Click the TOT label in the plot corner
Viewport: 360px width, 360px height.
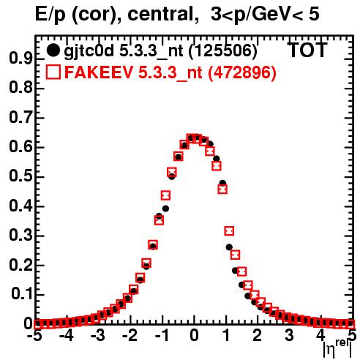tap(307, 50)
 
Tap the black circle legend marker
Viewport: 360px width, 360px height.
tap(53, 50)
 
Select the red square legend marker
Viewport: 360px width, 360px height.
tap(53, 72)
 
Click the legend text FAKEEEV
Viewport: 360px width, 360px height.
tap(100, 72)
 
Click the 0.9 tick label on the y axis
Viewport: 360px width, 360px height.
tap(20, 58)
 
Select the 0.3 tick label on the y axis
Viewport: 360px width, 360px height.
tap(20, 235)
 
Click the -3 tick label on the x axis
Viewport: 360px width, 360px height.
tap(98, 335)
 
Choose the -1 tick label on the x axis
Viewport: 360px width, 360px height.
tap(161, 335)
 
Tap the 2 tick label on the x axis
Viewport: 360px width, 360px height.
tap(258, 335)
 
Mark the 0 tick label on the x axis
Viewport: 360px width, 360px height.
tap(194, 335)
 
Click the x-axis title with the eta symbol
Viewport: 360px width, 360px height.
tap(337, 349)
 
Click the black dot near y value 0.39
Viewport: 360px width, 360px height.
tap(165, 209)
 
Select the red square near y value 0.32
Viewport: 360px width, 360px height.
tap(229, 230)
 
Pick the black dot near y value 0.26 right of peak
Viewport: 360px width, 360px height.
tap(229, 247)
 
